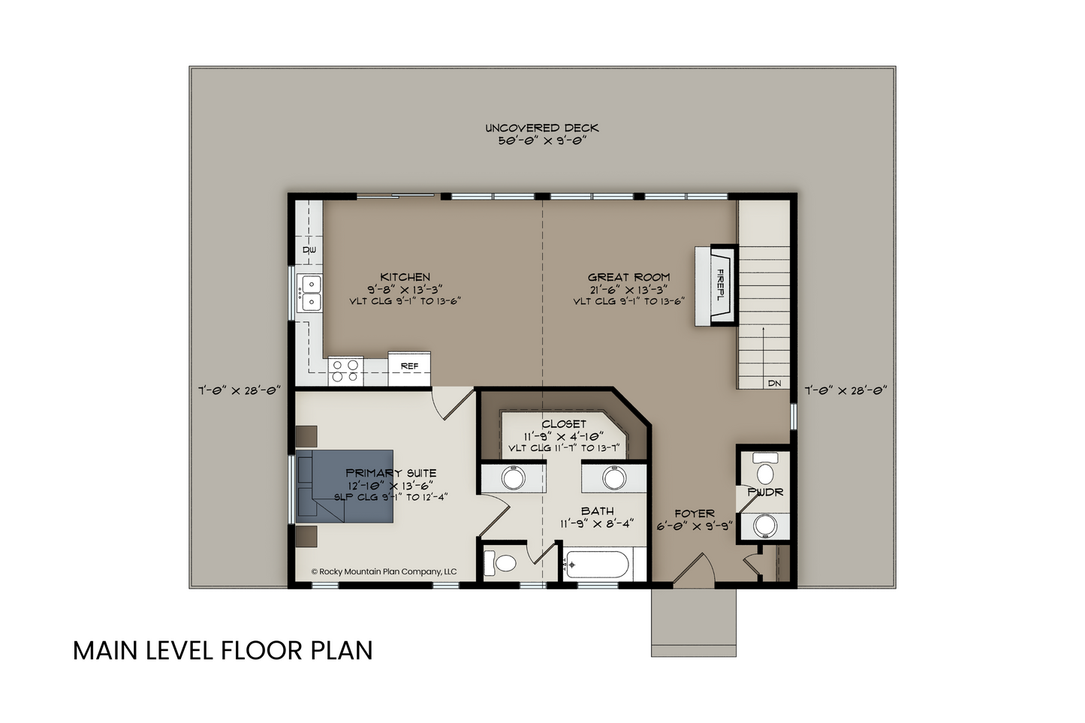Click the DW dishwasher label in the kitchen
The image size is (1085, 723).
[309, 250]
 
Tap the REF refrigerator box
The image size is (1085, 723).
[409, 369]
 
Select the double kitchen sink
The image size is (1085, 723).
[309, 293]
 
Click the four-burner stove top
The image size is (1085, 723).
[345, 372]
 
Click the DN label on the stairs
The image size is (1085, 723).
[774, 383]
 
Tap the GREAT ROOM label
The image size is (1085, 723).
[628, 277]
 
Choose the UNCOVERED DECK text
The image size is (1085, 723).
[542, 128]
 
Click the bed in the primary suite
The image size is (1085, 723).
[345, 487]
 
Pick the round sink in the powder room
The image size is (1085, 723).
[765, 526]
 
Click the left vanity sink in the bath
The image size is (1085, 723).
[513, 478]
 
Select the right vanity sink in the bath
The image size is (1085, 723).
[614, 478]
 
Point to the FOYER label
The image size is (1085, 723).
[694, 514]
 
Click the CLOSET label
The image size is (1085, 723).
[564, 423]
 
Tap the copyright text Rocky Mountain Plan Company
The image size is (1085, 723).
[384, 571]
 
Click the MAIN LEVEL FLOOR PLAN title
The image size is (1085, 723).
[223, 650]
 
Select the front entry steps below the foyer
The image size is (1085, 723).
[694, 622]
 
